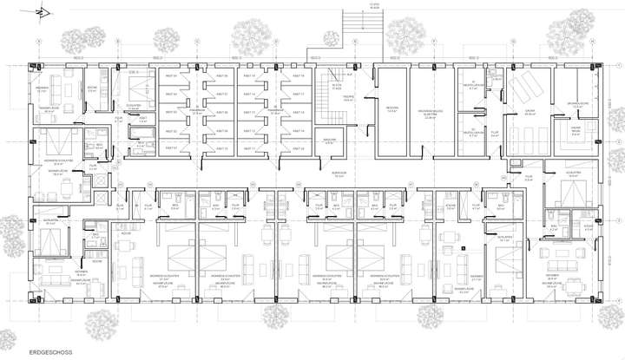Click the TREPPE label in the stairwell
347,99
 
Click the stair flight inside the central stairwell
330,87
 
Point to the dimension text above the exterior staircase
354,4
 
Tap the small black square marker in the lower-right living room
466,249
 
